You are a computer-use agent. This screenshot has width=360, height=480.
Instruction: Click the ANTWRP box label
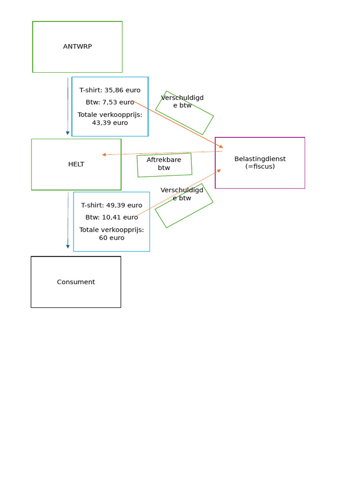[77, 46]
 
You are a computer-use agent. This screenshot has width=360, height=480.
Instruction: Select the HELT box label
[76, 164]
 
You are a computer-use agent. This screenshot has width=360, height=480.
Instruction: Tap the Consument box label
[76, 282]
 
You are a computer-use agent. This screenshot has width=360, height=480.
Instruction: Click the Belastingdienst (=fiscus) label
[260, 162]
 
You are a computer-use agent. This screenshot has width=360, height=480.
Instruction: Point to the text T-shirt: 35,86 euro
[110, 90]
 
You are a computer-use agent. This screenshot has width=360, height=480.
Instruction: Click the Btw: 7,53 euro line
[110, 102]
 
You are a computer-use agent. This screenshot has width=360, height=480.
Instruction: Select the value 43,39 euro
[110, 123]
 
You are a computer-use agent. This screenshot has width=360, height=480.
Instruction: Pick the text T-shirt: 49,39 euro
[112, 205]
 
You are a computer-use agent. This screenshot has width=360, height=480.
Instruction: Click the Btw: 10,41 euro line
[112, 217]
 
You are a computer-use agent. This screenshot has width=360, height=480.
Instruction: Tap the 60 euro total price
[112, 238]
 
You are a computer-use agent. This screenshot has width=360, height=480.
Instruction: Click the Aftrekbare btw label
[164, 164]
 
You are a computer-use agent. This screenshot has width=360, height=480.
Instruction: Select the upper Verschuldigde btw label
[182, 101]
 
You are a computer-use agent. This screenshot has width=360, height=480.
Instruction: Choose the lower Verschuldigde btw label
[182, 194]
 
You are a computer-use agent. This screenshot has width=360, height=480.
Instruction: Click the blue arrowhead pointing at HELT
[67, 133]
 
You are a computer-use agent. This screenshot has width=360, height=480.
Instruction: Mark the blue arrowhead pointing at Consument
[67, 247]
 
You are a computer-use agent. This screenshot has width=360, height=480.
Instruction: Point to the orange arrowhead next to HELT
[104, 155]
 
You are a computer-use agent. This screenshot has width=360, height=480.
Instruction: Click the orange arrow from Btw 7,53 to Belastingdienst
[178, 124]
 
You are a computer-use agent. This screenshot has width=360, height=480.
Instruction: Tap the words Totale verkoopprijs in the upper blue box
[110, 114]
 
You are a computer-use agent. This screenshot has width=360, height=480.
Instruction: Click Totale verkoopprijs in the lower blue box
[112, 230]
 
